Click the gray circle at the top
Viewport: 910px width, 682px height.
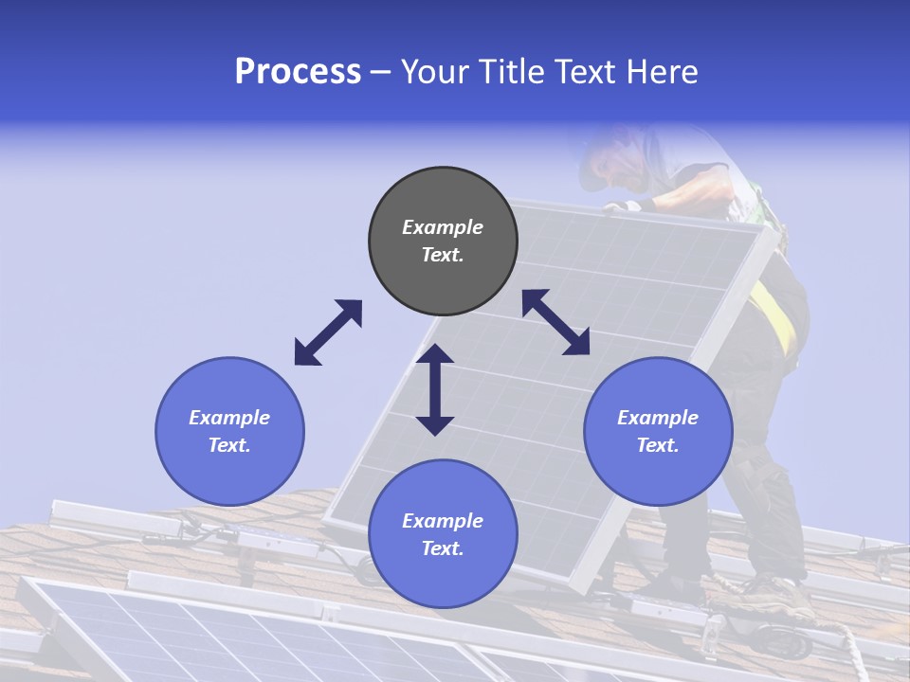[443, 242]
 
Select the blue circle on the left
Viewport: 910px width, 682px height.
[229, 431]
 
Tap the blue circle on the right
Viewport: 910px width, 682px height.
[658, 431]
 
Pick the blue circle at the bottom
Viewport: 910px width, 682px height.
[443, 534]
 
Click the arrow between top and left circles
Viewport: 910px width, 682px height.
[328, 332]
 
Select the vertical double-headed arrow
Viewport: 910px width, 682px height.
[435, 389]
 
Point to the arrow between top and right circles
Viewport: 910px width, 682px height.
[556, 322]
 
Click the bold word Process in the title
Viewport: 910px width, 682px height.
[298, 71]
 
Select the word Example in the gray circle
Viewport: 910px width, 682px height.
[443, 227]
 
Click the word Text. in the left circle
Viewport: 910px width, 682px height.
[229, 445]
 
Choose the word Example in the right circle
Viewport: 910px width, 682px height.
[658, 418]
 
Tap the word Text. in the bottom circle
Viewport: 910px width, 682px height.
[443, 548]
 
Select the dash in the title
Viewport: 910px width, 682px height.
[381, 71]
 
